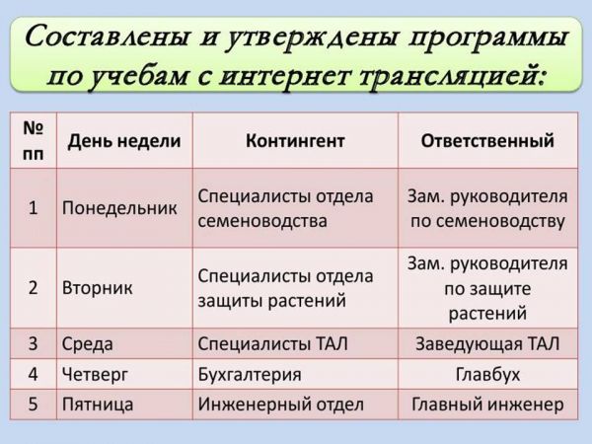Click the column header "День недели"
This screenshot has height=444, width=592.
click(x=124, y=141)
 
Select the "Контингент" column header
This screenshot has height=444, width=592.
click(x=295, y=141)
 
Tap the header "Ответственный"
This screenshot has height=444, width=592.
click(x=487, y=141)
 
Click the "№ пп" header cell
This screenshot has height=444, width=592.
click(x=34, y=141)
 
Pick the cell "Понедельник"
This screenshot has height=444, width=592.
click(x=119, y=208)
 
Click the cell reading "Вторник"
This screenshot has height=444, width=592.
click(x=97, y=287)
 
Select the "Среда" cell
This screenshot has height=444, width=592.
click(x=87, y=344)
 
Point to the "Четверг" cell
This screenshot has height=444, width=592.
click(x=95, y=374)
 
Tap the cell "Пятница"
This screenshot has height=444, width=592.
click(x=98, y=405)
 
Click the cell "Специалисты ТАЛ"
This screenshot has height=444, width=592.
click(x=272, y=343)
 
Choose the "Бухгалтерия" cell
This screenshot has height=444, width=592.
click(x=250, y=374)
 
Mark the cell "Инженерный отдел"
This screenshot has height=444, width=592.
click(x=281, y=405)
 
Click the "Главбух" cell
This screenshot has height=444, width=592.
click(x=487, y=374)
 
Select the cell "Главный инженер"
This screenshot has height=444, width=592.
click(x=487, y=405)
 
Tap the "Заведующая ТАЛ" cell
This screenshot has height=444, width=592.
click(x=487, y=343)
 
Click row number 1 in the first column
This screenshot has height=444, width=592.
click(x=34, y=208)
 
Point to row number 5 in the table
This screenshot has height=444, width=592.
click(x=34, y=405)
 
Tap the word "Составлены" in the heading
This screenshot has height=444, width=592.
click(x=107, y=37)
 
